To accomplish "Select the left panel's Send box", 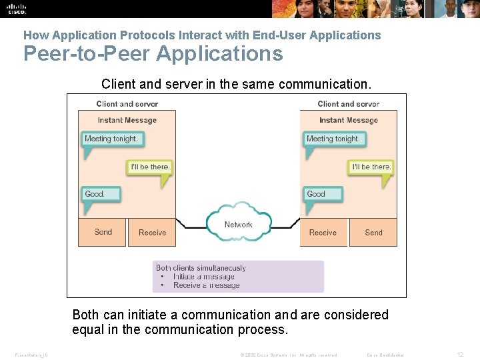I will tap(103, 232).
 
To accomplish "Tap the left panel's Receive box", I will tap(152, 232).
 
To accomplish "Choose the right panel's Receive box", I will tap(323, 232).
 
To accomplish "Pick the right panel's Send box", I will tap(373, 232).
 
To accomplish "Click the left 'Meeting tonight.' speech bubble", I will tap(111, 139).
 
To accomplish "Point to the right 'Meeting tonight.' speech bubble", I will tap(333, 139).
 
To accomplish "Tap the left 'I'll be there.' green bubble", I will tap(149, 167).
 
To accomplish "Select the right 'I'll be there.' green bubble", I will tap(371, 167).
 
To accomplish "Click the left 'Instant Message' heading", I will tap(127, 120).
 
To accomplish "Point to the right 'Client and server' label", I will tap(348, 103).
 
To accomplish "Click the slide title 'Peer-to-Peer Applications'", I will tap(153, 53).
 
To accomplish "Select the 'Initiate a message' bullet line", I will tap(203, 277).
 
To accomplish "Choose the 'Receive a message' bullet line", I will tap(206, 285).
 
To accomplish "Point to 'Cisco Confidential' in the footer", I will tap(385, 355).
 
